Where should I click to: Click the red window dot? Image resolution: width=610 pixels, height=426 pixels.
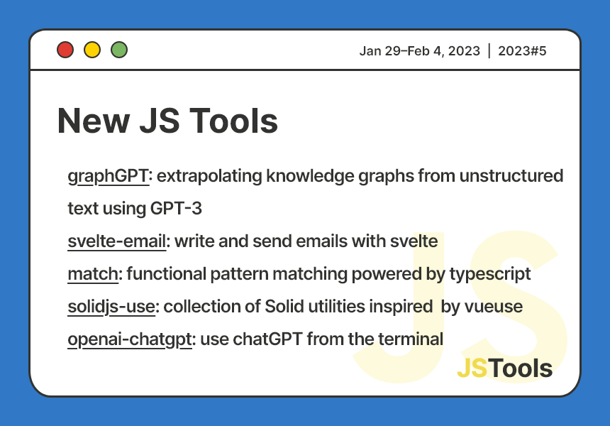65,50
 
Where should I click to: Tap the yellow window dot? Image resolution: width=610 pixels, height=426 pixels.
92,50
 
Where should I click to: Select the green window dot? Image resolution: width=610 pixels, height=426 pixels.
119,50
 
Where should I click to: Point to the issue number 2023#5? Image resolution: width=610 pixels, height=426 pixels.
522,50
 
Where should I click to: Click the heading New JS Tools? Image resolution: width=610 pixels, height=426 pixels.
167,121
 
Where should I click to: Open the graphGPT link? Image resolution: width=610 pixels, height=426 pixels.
108,176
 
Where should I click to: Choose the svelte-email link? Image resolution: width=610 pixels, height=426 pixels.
117,241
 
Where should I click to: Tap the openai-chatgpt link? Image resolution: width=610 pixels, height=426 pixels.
130,339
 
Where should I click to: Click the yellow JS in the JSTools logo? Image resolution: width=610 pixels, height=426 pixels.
472,368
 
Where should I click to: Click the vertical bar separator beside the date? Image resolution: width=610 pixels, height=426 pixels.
489,50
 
